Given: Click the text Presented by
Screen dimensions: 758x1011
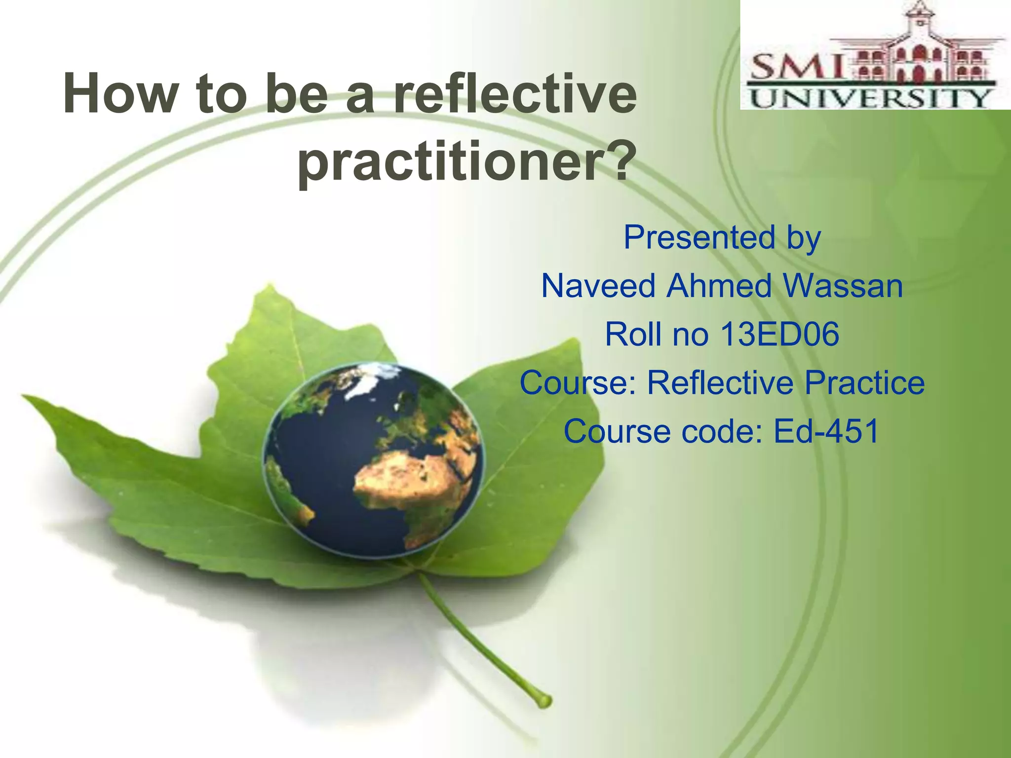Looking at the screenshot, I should [722, 237].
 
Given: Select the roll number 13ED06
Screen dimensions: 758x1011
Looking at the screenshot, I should [779, 334].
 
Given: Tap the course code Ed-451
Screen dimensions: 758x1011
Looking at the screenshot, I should [825, 431].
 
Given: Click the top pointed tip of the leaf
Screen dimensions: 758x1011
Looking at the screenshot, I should [269, 286].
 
